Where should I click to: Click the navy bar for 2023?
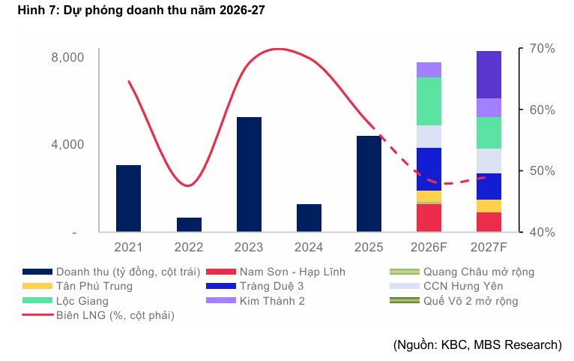(249, 174)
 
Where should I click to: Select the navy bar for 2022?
(189, 224)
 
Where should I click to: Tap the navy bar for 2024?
(309, 218)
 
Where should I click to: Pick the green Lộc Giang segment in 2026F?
(429, 101)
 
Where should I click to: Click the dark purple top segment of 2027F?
(489, 75)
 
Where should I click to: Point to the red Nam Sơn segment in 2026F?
(429, 218)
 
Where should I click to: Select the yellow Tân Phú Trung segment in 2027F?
(489, 206)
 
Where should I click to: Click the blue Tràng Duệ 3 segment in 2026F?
(429, 170)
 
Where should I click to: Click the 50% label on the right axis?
(542, 171)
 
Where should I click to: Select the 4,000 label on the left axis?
(67, 144)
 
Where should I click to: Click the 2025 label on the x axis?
(369, 247)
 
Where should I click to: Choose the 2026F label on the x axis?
(429, 247)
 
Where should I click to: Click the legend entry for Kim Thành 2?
(256, 301)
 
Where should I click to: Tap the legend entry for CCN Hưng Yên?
(447, 286)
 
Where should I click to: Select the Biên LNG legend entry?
(98, 315)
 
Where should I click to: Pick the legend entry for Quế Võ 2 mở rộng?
(454, 301)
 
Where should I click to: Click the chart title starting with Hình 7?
(142, 10)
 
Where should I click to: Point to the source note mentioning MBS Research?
(477, 344)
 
